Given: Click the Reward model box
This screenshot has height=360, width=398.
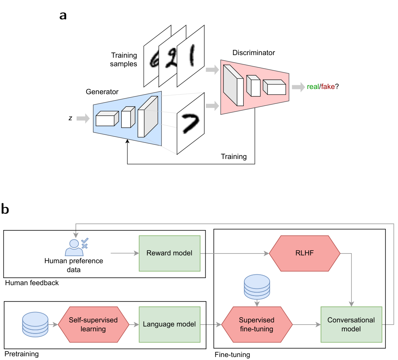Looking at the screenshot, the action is [x=170, y=253].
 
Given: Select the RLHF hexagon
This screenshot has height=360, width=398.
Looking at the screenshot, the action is [x=305, y=253].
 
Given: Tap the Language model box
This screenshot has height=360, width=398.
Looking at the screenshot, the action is [x=170, y=324].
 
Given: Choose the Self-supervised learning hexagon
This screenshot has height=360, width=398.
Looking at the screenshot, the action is [x=93, y=324].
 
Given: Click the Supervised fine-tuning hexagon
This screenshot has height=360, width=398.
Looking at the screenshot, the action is [x=257, y=324].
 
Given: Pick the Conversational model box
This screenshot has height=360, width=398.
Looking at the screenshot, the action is [x=351, y=324].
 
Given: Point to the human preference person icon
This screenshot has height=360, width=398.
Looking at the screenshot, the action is [x=77, y=247].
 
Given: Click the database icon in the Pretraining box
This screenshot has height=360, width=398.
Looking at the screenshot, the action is [x=35, y=324].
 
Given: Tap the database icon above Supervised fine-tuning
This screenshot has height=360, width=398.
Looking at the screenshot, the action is [x=257, y=287].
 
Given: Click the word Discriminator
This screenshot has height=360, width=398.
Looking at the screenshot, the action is [x=254, y=52].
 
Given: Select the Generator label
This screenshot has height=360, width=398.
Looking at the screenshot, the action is [x=102, y=92].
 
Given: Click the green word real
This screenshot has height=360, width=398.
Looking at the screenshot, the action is [x=313, y=87].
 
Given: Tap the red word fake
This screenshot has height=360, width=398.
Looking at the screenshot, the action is [x=328, y=87].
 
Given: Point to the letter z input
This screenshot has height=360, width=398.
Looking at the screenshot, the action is [x=70, y=118].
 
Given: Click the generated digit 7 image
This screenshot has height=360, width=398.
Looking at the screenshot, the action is [x=190, y=124].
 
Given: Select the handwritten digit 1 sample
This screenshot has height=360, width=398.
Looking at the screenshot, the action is [x=190, y=56].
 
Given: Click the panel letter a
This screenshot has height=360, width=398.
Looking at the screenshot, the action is [x=63, y=16].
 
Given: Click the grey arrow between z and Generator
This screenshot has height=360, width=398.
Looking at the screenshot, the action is [x=83, y=118].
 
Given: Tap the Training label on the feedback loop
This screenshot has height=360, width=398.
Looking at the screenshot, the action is [x=234, y=156].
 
